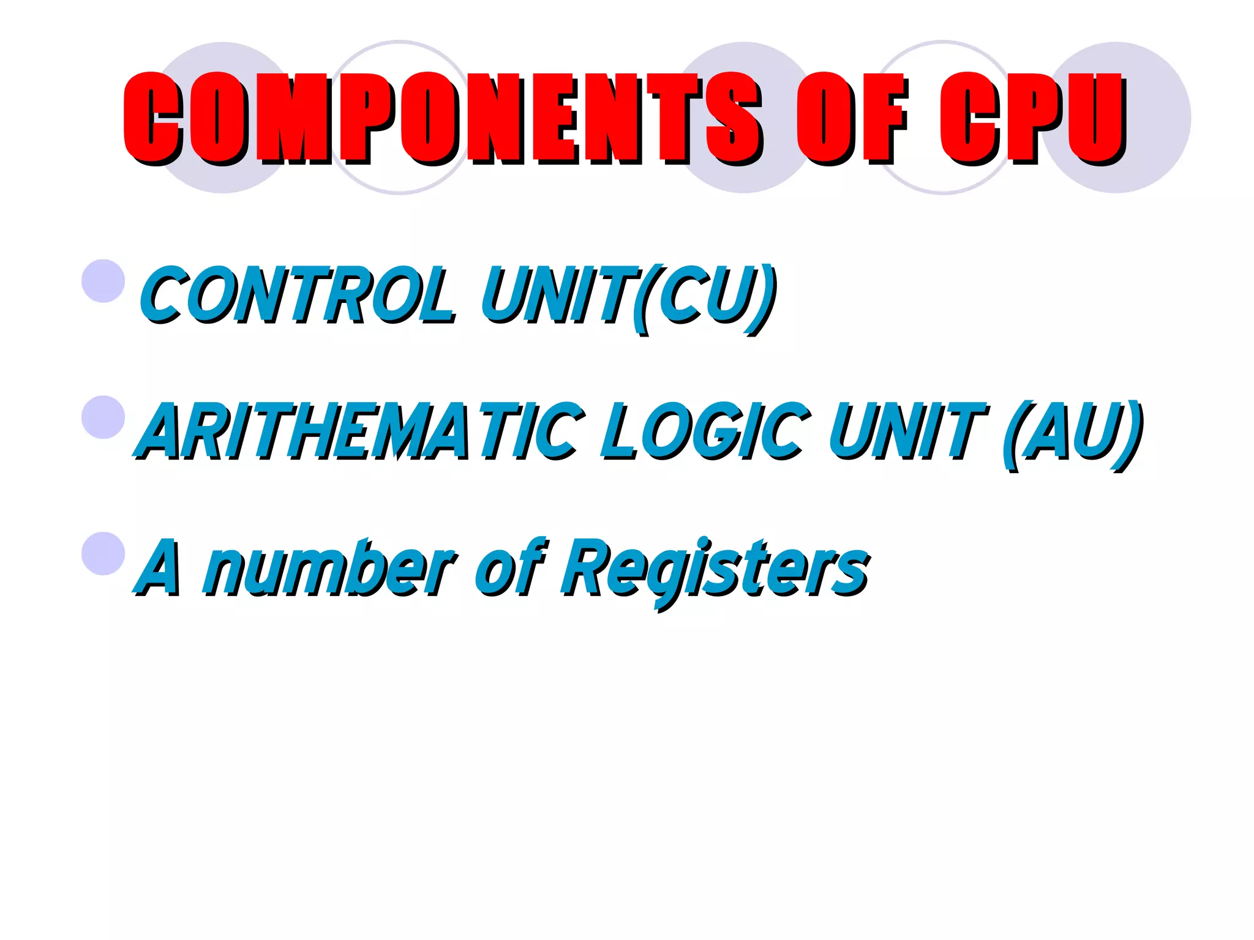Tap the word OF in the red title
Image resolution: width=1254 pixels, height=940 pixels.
851,117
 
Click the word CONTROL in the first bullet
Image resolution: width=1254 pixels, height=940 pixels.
298,295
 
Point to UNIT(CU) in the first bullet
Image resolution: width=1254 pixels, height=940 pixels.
628,296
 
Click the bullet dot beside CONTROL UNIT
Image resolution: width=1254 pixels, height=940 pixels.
103,281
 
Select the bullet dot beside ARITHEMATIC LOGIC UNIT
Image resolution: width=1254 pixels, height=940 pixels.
103,417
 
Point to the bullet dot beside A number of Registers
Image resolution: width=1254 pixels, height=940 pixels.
103,553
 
